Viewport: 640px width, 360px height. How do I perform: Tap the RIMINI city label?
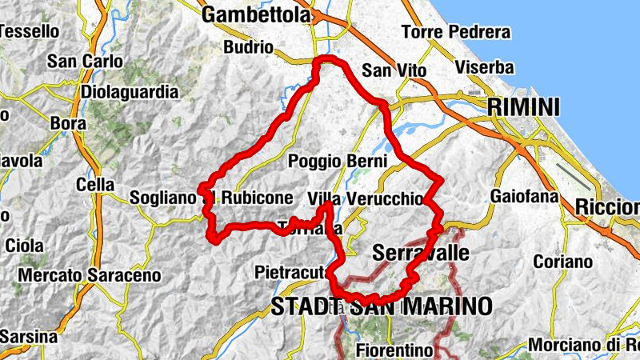[x=524, y=106]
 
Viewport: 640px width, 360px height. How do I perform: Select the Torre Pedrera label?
[x=456, y=33]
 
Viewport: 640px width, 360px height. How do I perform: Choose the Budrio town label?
[x=250, y=46]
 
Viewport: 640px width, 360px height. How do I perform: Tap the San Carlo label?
[x=86, y=61]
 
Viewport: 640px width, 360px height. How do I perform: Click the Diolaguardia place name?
[x=130, y=92]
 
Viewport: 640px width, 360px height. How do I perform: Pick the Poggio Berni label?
[x=339, y=161]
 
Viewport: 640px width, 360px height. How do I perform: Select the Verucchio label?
[x=383, y=198]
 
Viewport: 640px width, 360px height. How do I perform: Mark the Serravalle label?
[x=420, y=253]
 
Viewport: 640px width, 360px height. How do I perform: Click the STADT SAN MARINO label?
[x=381, y=306]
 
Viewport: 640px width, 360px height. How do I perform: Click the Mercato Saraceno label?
[x=89, y=275]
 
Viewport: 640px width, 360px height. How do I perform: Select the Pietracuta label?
[x=291, y=273]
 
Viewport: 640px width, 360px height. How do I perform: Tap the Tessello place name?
[x=30, y=31]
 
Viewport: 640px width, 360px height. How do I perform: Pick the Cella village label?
[x=94, y=185]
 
